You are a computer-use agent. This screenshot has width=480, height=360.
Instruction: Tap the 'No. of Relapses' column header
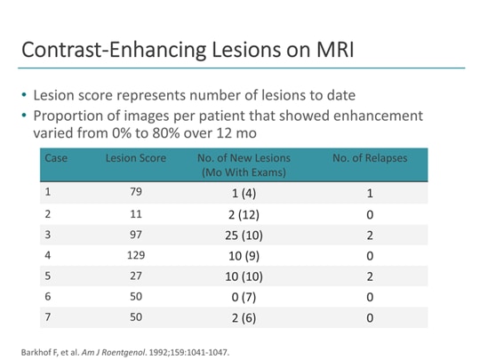(369, 158)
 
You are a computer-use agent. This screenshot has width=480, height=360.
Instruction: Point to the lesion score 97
(133, 235)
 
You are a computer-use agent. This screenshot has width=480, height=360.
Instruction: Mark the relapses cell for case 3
(369, 236)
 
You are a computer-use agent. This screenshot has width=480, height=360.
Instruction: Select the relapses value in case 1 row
(369, 193)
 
